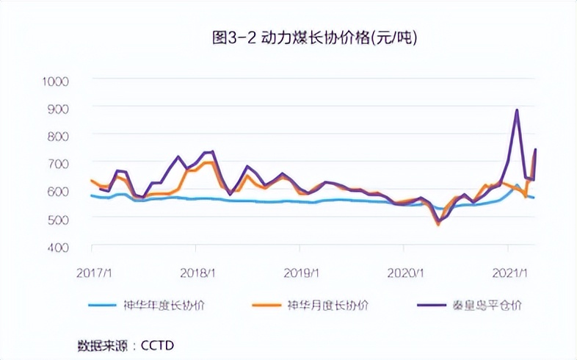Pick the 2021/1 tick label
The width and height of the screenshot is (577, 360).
(x=514, y=273)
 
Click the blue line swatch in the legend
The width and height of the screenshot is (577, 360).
(x=106, y=305)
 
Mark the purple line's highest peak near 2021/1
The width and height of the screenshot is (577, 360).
(x=517, y=110)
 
